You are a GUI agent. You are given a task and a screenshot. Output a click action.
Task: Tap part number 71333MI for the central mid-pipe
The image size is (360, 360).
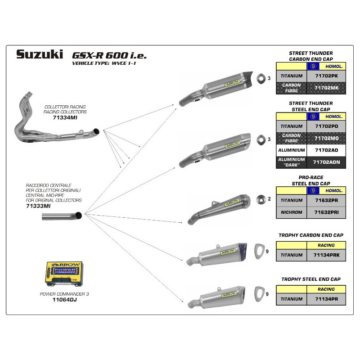38,205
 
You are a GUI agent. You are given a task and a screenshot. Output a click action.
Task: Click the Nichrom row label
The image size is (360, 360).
291,212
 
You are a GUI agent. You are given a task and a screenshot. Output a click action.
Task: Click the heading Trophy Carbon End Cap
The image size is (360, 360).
311,235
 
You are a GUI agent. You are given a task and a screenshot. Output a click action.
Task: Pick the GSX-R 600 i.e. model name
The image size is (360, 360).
109,55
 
